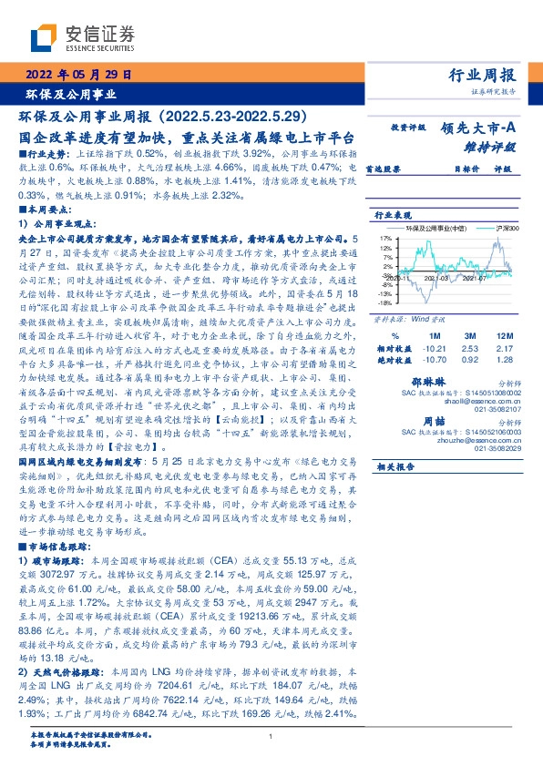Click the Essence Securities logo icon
pyautogui.click(x=46, y=38)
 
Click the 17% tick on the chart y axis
pyautogui.click(x=386, y=236)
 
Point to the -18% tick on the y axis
pyautogui.click(x=384, y=303)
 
